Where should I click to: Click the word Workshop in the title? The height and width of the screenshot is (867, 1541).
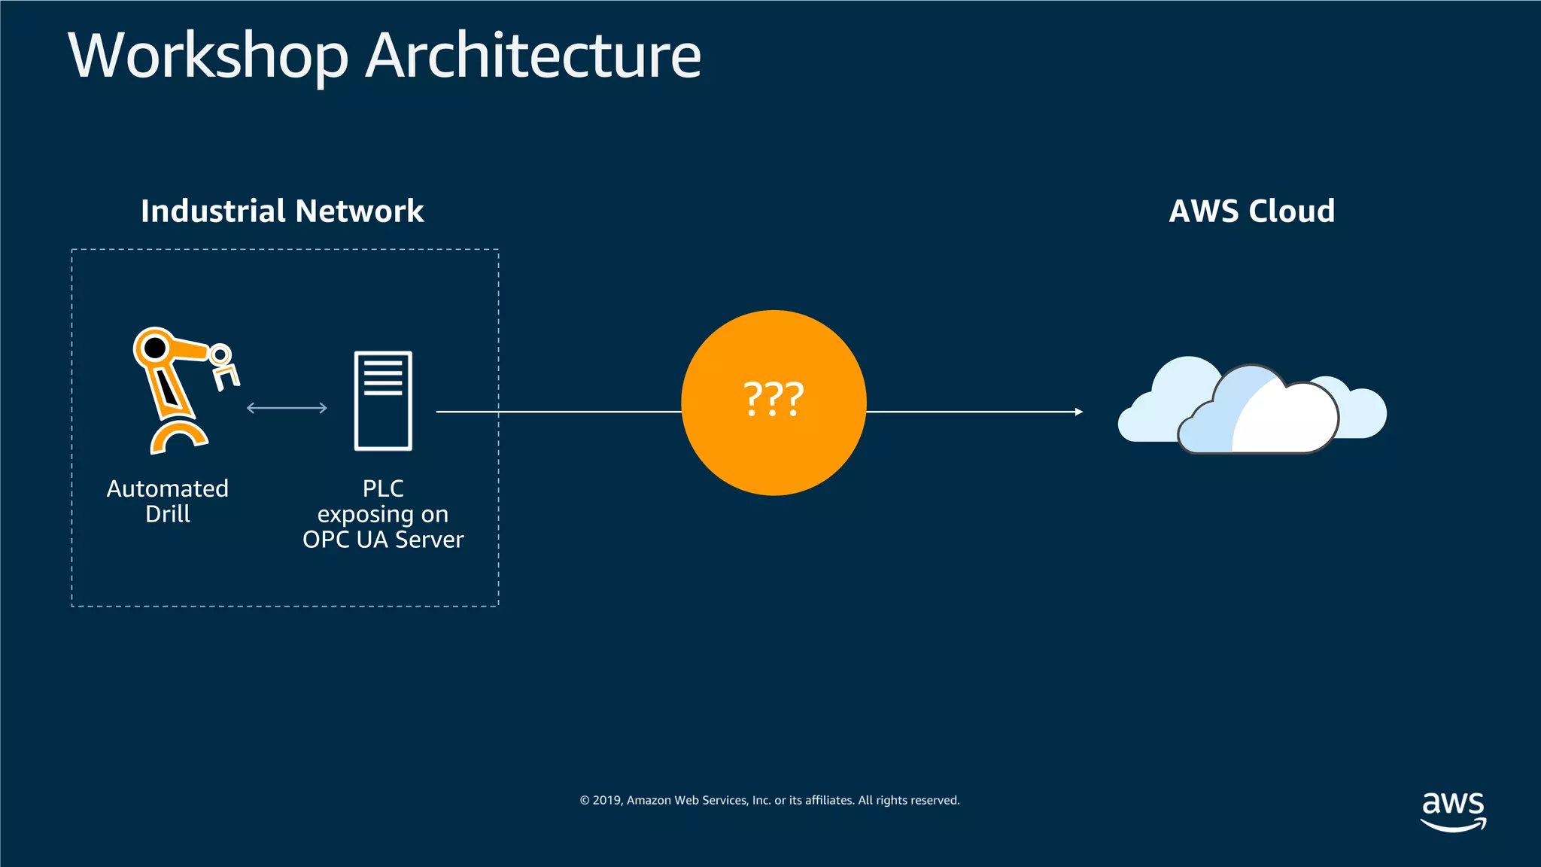(208, 56)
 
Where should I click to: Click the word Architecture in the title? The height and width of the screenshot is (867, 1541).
(533, 56)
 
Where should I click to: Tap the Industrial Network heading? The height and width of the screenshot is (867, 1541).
(282, 211)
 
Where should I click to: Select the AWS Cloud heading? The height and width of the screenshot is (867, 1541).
(1252, 211)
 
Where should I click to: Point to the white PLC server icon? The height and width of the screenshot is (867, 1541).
(383, 400)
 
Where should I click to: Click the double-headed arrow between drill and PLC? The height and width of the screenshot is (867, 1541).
(287, 408)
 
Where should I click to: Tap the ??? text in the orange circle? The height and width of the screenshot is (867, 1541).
(774, 399)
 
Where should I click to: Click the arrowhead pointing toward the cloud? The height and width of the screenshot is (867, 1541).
(1078, 412)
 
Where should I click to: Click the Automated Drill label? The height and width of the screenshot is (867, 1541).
(167, 501)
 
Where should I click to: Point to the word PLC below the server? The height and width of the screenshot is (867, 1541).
(383, 489)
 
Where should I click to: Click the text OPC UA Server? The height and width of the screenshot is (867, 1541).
(383, 540)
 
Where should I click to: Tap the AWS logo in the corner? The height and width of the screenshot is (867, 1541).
(1453, 810)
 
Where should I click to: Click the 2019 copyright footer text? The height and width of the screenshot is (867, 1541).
(769, 800)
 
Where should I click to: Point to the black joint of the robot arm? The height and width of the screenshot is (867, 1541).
(155, 348)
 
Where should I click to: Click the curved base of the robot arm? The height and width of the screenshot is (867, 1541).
(178, 437)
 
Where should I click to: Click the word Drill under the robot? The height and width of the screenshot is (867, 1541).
(167, 515)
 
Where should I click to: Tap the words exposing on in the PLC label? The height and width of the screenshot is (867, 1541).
(383, 515)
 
